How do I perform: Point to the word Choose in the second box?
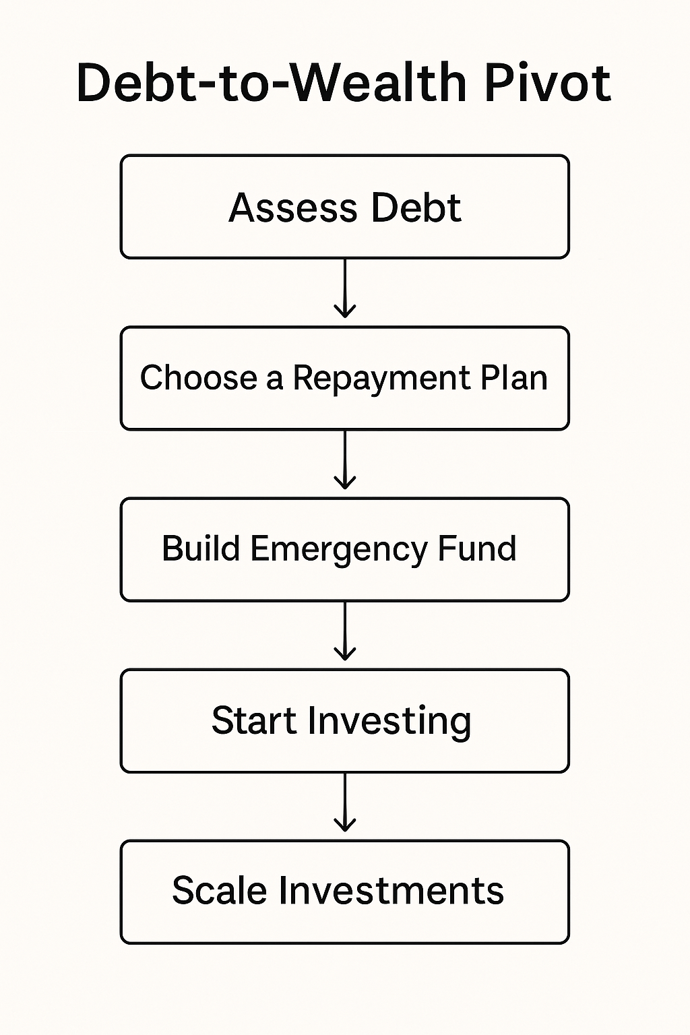[199, 377]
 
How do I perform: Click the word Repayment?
[381, 379]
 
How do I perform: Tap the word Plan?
[513, 377]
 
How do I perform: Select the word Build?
[201, 548]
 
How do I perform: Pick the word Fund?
[477, 548]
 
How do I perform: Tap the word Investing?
[389, 721]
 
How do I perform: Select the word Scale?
[219, 891]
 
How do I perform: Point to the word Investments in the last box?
[391, 891]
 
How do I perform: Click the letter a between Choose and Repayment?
[274, 379]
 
